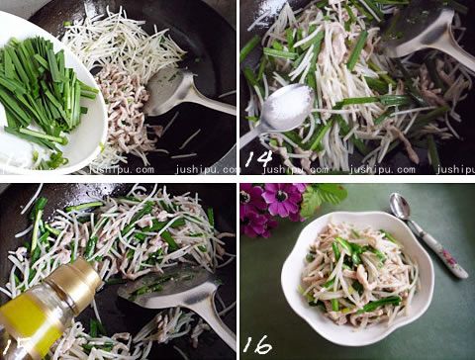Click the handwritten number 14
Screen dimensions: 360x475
coord(259,157)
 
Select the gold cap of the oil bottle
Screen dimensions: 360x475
coord(74,282)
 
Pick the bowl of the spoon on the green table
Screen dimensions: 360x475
coord(399,205)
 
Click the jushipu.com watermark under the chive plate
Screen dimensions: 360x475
coord(118,169)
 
